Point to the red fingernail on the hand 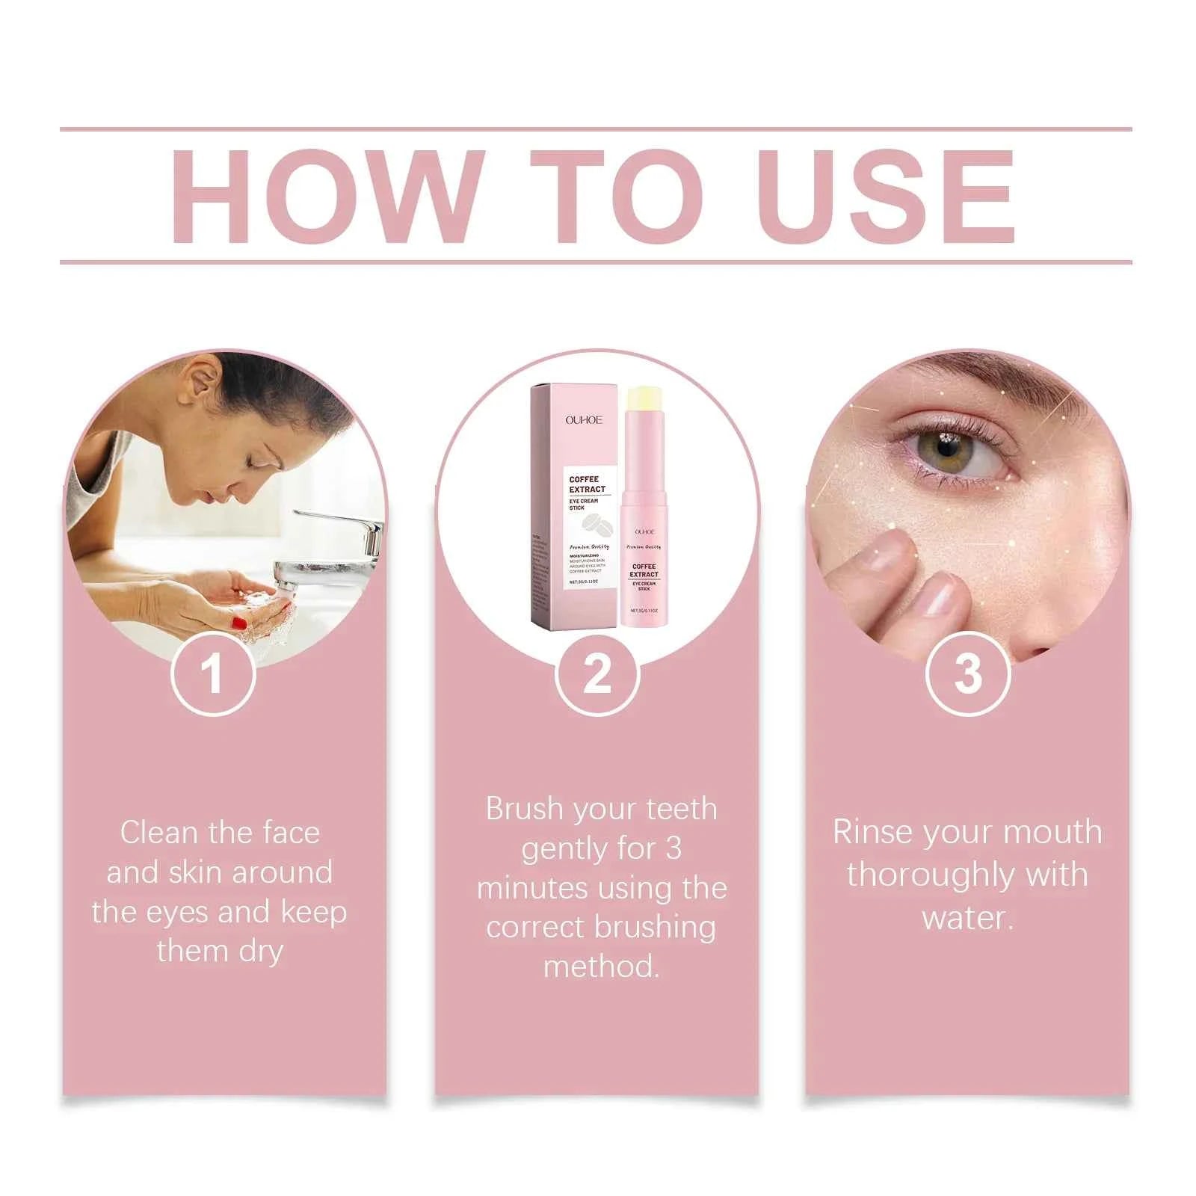point(240,622)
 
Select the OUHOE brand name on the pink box point(584,420)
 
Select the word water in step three point(967,917)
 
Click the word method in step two point(601,967)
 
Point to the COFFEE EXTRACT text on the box point(587,484)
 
